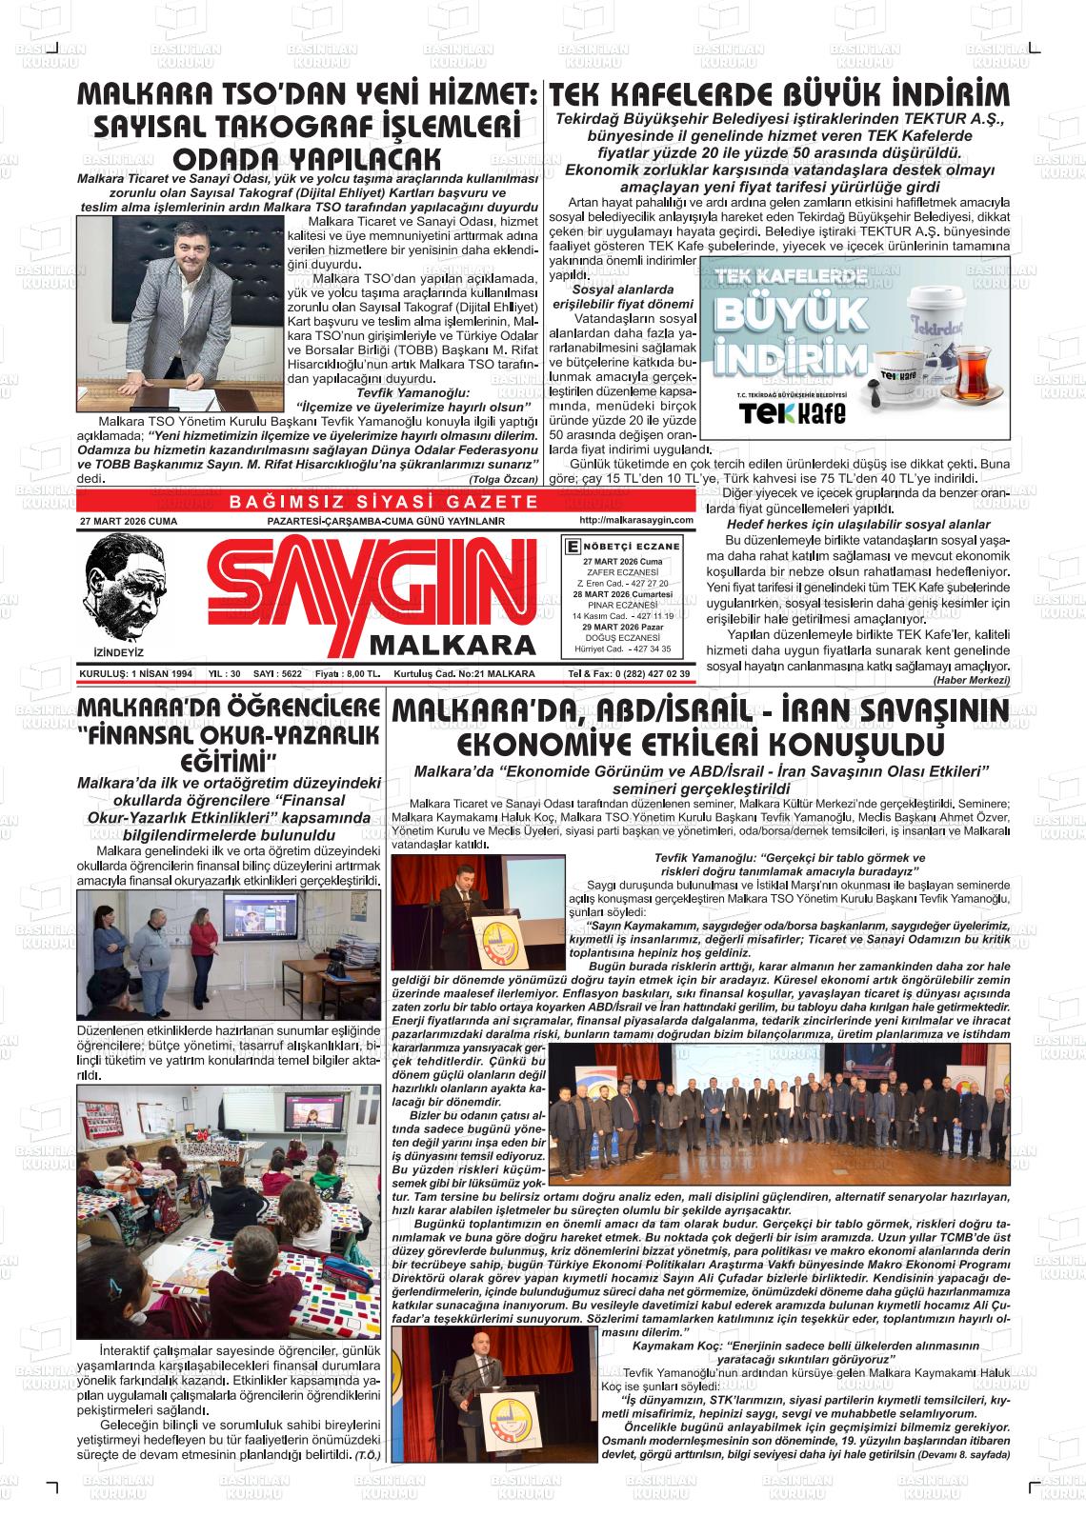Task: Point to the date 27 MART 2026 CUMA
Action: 129,522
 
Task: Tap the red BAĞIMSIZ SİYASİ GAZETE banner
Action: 384,502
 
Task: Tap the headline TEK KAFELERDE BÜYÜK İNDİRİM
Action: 779,95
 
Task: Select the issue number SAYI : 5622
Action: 277,673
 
